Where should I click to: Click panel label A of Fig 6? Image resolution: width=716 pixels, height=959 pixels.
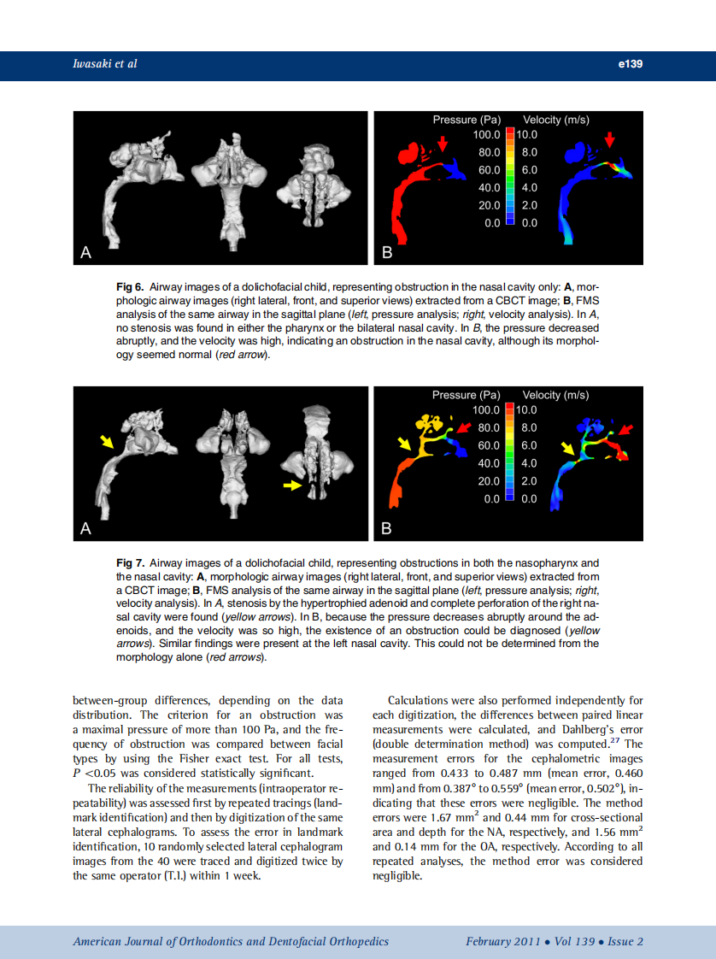[x=85, y=252]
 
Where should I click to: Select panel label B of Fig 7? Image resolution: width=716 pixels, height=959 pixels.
[x=386, y=529]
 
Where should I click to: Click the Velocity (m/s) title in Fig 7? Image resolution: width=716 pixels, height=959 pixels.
[x=555, y=395]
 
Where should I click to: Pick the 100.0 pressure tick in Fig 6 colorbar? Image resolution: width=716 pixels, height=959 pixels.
[x=486, y=135]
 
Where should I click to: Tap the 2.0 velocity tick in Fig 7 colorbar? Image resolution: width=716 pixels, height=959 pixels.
[x=529, y=481]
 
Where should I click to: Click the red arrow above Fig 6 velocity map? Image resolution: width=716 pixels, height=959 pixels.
[x=608, y=139]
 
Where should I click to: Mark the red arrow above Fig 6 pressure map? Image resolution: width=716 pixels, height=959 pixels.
[x=443, y=140]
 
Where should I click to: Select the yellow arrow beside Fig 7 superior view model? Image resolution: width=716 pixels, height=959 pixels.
[x=293, y=485]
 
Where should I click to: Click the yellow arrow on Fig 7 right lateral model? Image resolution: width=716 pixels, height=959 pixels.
[x=106, y=441]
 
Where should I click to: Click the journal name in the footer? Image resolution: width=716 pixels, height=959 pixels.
[x=231, y=941]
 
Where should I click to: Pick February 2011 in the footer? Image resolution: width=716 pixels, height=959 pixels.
[x=502, y=941]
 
